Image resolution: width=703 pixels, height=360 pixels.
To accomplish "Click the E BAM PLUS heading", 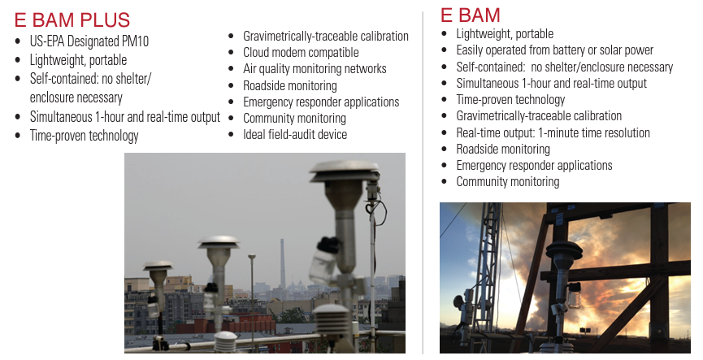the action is [72, 20].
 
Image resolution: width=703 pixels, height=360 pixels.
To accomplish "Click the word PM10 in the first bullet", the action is [135, 41].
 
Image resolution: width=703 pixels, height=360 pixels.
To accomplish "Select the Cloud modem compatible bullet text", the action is [301, 53].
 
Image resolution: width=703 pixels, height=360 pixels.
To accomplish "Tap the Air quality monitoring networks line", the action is [315, 68].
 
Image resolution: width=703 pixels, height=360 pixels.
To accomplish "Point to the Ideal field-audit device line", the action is [295, 134].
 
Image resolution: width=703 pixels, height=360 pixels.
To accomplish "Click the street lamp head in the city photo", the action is [251, 257].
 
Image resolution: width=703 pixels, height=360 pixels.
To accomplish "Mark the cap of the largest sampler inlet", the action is [345, 171].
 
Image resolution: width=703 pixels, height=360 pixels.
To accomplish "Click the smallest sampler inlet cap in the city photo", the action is [158, 266].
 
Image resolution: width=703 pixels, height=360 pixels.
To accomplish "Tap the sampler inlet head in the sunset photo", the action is [563, 249].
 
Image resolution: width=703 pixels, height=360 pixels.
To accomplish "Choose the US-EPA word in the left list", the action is [47, 41].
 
